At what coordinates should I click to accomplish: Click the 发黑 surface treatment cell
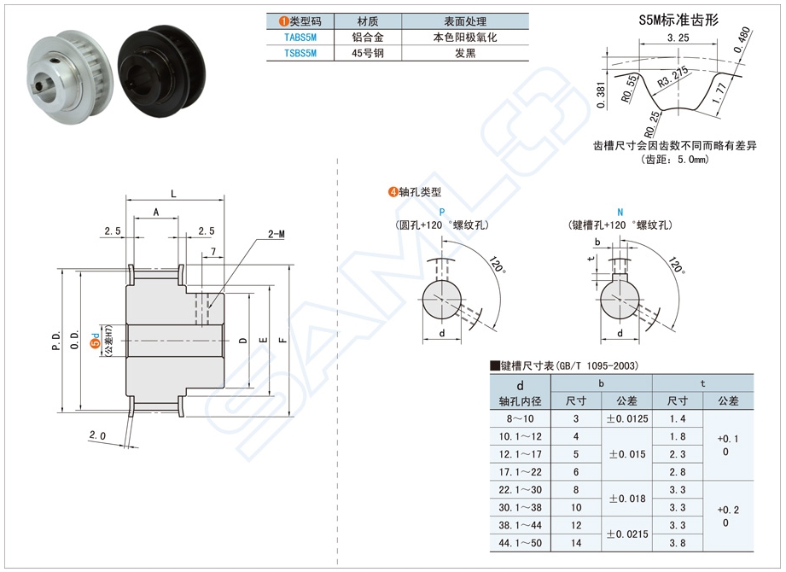pos(464,53)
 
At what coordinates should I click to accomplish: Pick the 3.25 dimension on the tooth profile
pos(678,38)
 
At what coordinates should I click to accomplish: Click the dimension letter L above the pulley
pos(174,195)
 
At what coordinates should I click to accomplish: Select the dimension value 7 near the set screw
pos(212,251)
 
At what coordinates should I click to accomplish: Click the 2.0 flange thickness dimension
pos(96,435)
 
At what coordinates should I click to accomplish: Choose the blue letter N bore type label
pos(620,212)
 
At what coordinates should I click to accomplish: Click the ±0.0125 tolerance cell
pos(626,418)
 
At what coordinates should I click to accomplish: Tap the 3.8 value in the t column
pos(678,543)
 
